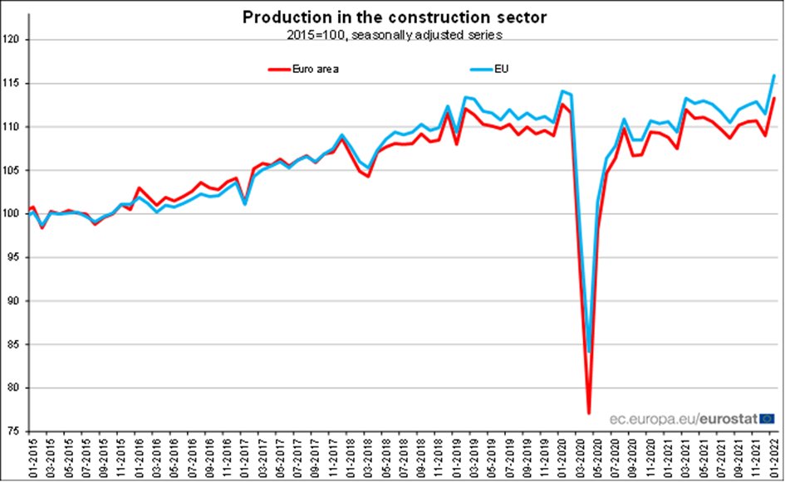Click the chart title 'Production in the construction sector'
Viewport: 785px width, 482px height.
pyautogui.click(x=394, y=17)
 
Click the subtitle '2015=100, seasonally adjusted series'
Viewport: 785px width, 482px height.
pyautogui.click(x=394, y=35)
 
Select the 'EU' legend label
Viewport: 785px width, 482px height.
pyautogui.click(x=501, y=69)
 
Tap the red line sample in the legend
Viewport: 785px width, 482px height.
pyautogui.click(x=282, y=69)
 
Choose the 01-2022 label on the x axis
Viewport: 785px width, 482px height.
pyautogui.click(x=774, y=456)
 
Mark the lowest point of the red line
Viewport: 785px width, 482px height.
pyautogui.click(x=589, y=413)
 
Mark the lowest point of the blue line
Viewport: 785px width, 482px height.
pyautogui.click(x=589, y=352)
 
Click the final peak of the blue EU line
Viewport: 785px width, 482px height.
pyautogui.click(x=774, y=75)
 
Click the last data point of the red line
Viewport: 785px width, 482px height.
pyautogui.click(x=774, y=98)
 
